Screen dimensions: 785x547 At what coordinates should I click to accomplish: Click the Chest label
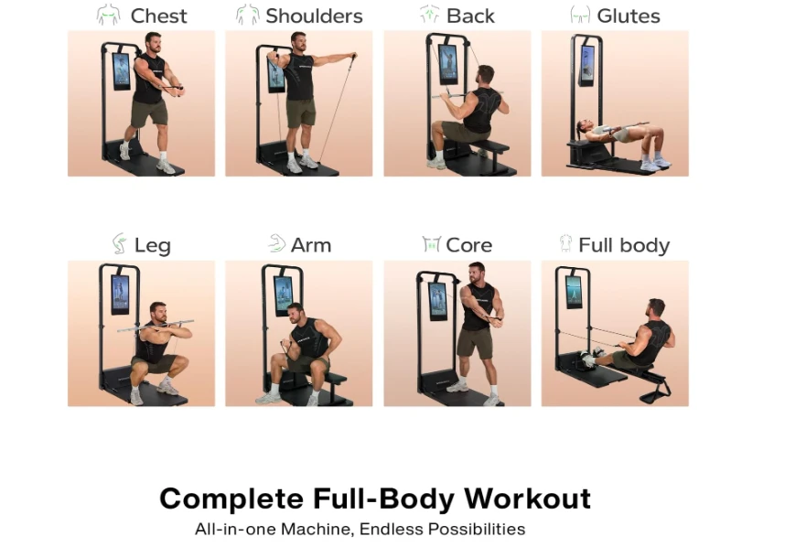tap(158, 16)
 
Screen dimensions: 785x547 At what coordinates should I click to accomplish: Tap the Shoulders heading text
tap(314, 16)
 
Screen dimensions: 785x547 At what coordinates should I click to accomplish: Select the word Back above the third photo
tap(470, 16)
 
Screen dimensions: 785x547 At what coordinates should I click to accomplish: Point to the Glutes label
tap(629, 16)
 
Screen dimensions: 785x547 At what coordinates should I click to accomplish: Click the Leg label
tap(153, 246)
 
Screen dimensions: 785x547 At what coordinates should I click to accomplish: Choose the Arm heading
tap(311, 245)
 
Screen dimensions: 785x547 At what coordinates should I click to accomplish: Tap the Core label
tap(469, 245)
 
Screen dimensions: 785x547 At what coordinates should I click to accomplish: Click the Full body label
tap(624, 245)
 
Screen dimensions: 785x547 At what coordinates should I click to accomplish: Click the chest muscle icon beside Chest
tap(109, 15)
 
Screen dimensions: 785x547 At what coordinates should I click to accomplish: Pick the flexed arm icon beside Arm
tap(276, 243)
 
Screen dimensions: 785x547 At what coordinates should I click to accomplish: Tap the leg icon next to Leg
tap(119, 243)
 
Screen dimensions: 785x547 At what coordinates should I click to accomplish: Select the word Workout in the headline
tap(527, 499)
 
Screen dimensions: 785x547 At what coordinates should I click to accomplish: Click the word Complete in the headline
tap(231, 499)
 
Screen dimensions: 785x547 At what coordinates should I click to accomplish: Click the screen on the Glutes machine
tap(586, 65)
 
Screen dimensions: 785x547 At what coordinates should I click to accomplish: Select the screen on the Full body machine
tap(574, 292)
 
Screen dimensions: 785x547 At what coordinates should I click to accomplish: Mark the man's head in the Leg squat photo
tap(158, 312)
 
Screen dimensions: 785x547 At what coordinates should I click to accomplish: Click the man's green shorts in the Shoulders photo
tap(300, 113)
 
